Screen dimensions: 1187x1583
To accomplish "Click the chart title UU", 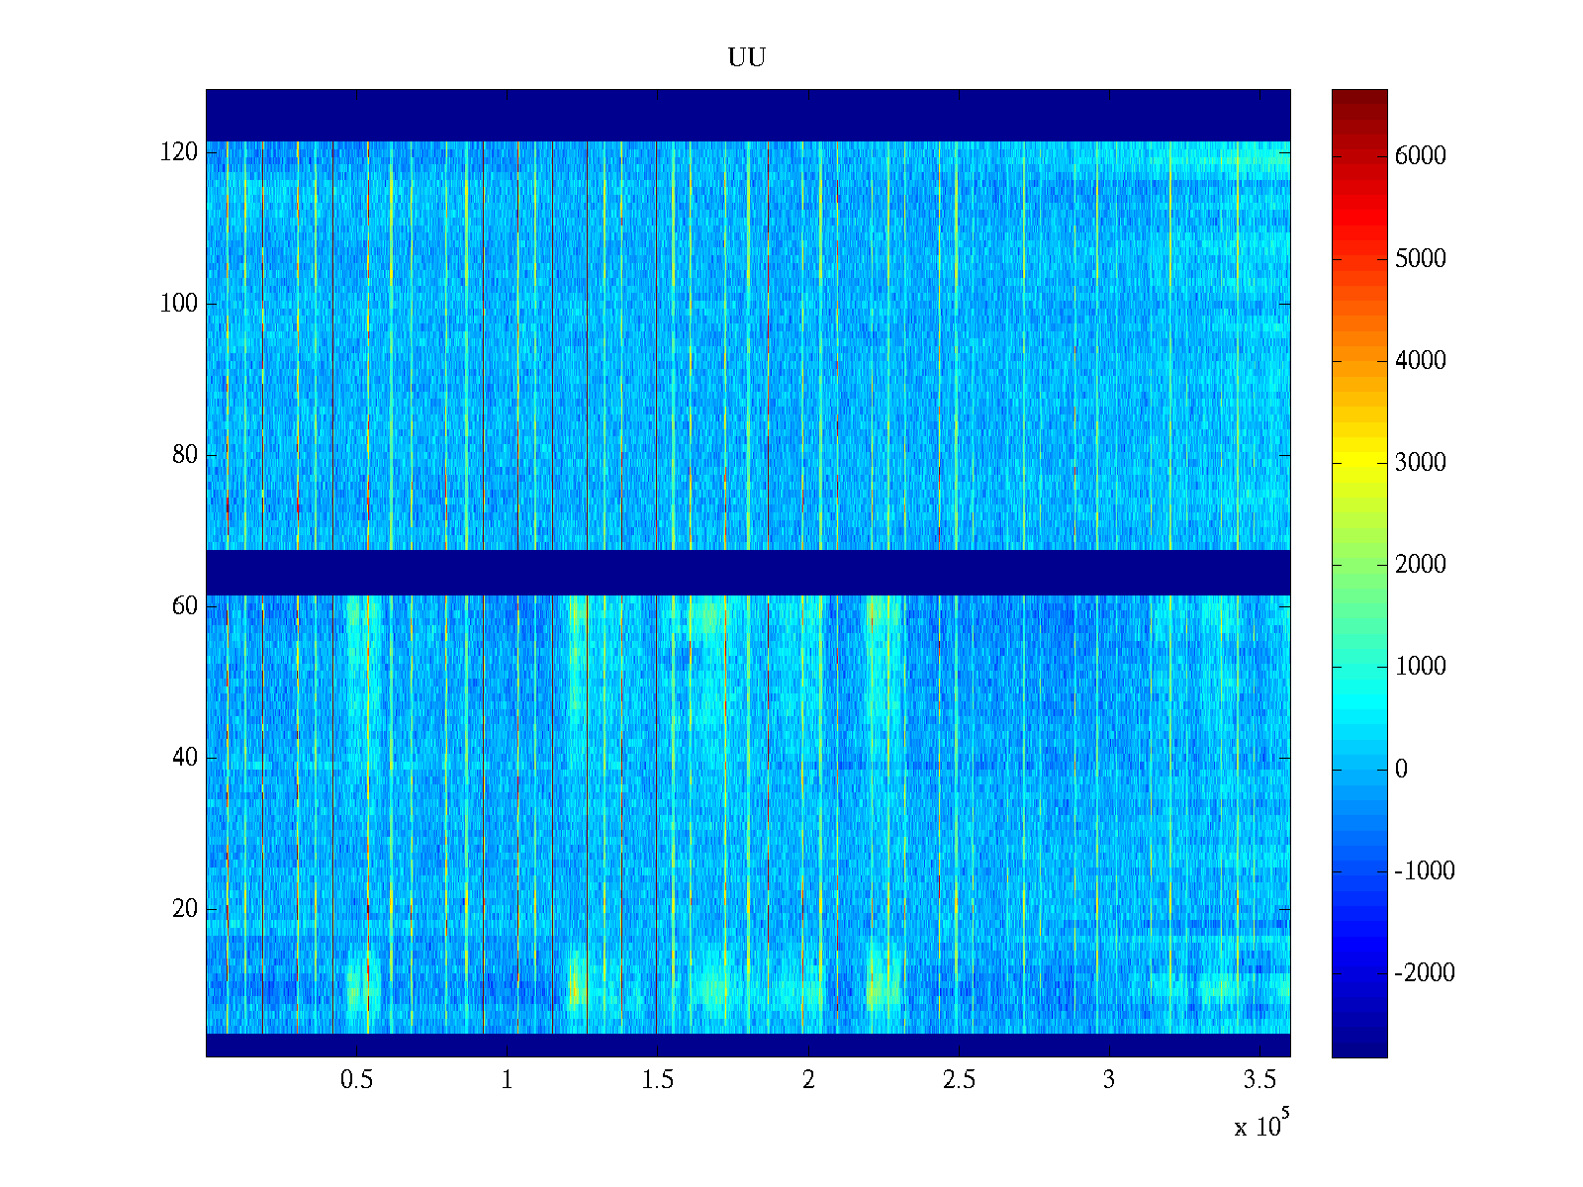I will click(747, 58).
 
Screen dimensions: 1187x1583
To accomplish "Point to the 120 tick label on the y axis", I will click(178, 152).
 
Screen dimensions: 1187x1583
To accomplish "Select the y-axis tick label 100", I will click(178, 304).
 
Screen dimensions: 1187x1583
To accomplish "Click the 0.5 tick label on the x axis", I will click(356, 1080).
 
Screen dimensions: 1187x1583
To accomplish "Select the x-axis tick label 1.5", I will click(657, 1080).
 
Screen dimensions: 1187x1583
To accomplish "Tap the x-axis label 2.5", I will click(958, 1080).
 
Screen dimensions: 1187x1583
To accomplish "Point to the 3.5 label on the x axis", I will click(1258, 1080).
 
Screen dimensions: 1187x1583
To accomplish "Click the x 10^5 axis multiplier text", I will click(1260, 1126).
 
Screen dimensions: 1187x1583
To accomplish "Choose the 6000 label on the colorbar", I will click(1420, 156).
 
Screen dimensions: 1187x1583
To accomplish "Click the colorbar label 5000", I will click(1420, 259).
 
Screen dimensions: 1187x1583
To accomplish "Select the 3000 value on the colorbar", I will click(1420, 463).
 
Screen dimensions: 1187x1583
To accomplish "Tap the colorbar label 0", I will click(1401, 770).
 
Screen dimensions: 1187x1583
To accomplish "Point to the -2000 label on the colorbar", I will click(1424, 973).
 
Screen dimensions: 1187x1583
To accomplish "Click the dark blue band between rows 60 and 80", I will click(747, 573).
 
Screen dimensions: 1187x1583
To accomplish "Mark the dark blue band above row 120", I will click(747, 115).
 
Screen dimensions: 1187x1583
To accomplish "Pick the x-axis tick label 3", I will click(1108, 1080).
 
